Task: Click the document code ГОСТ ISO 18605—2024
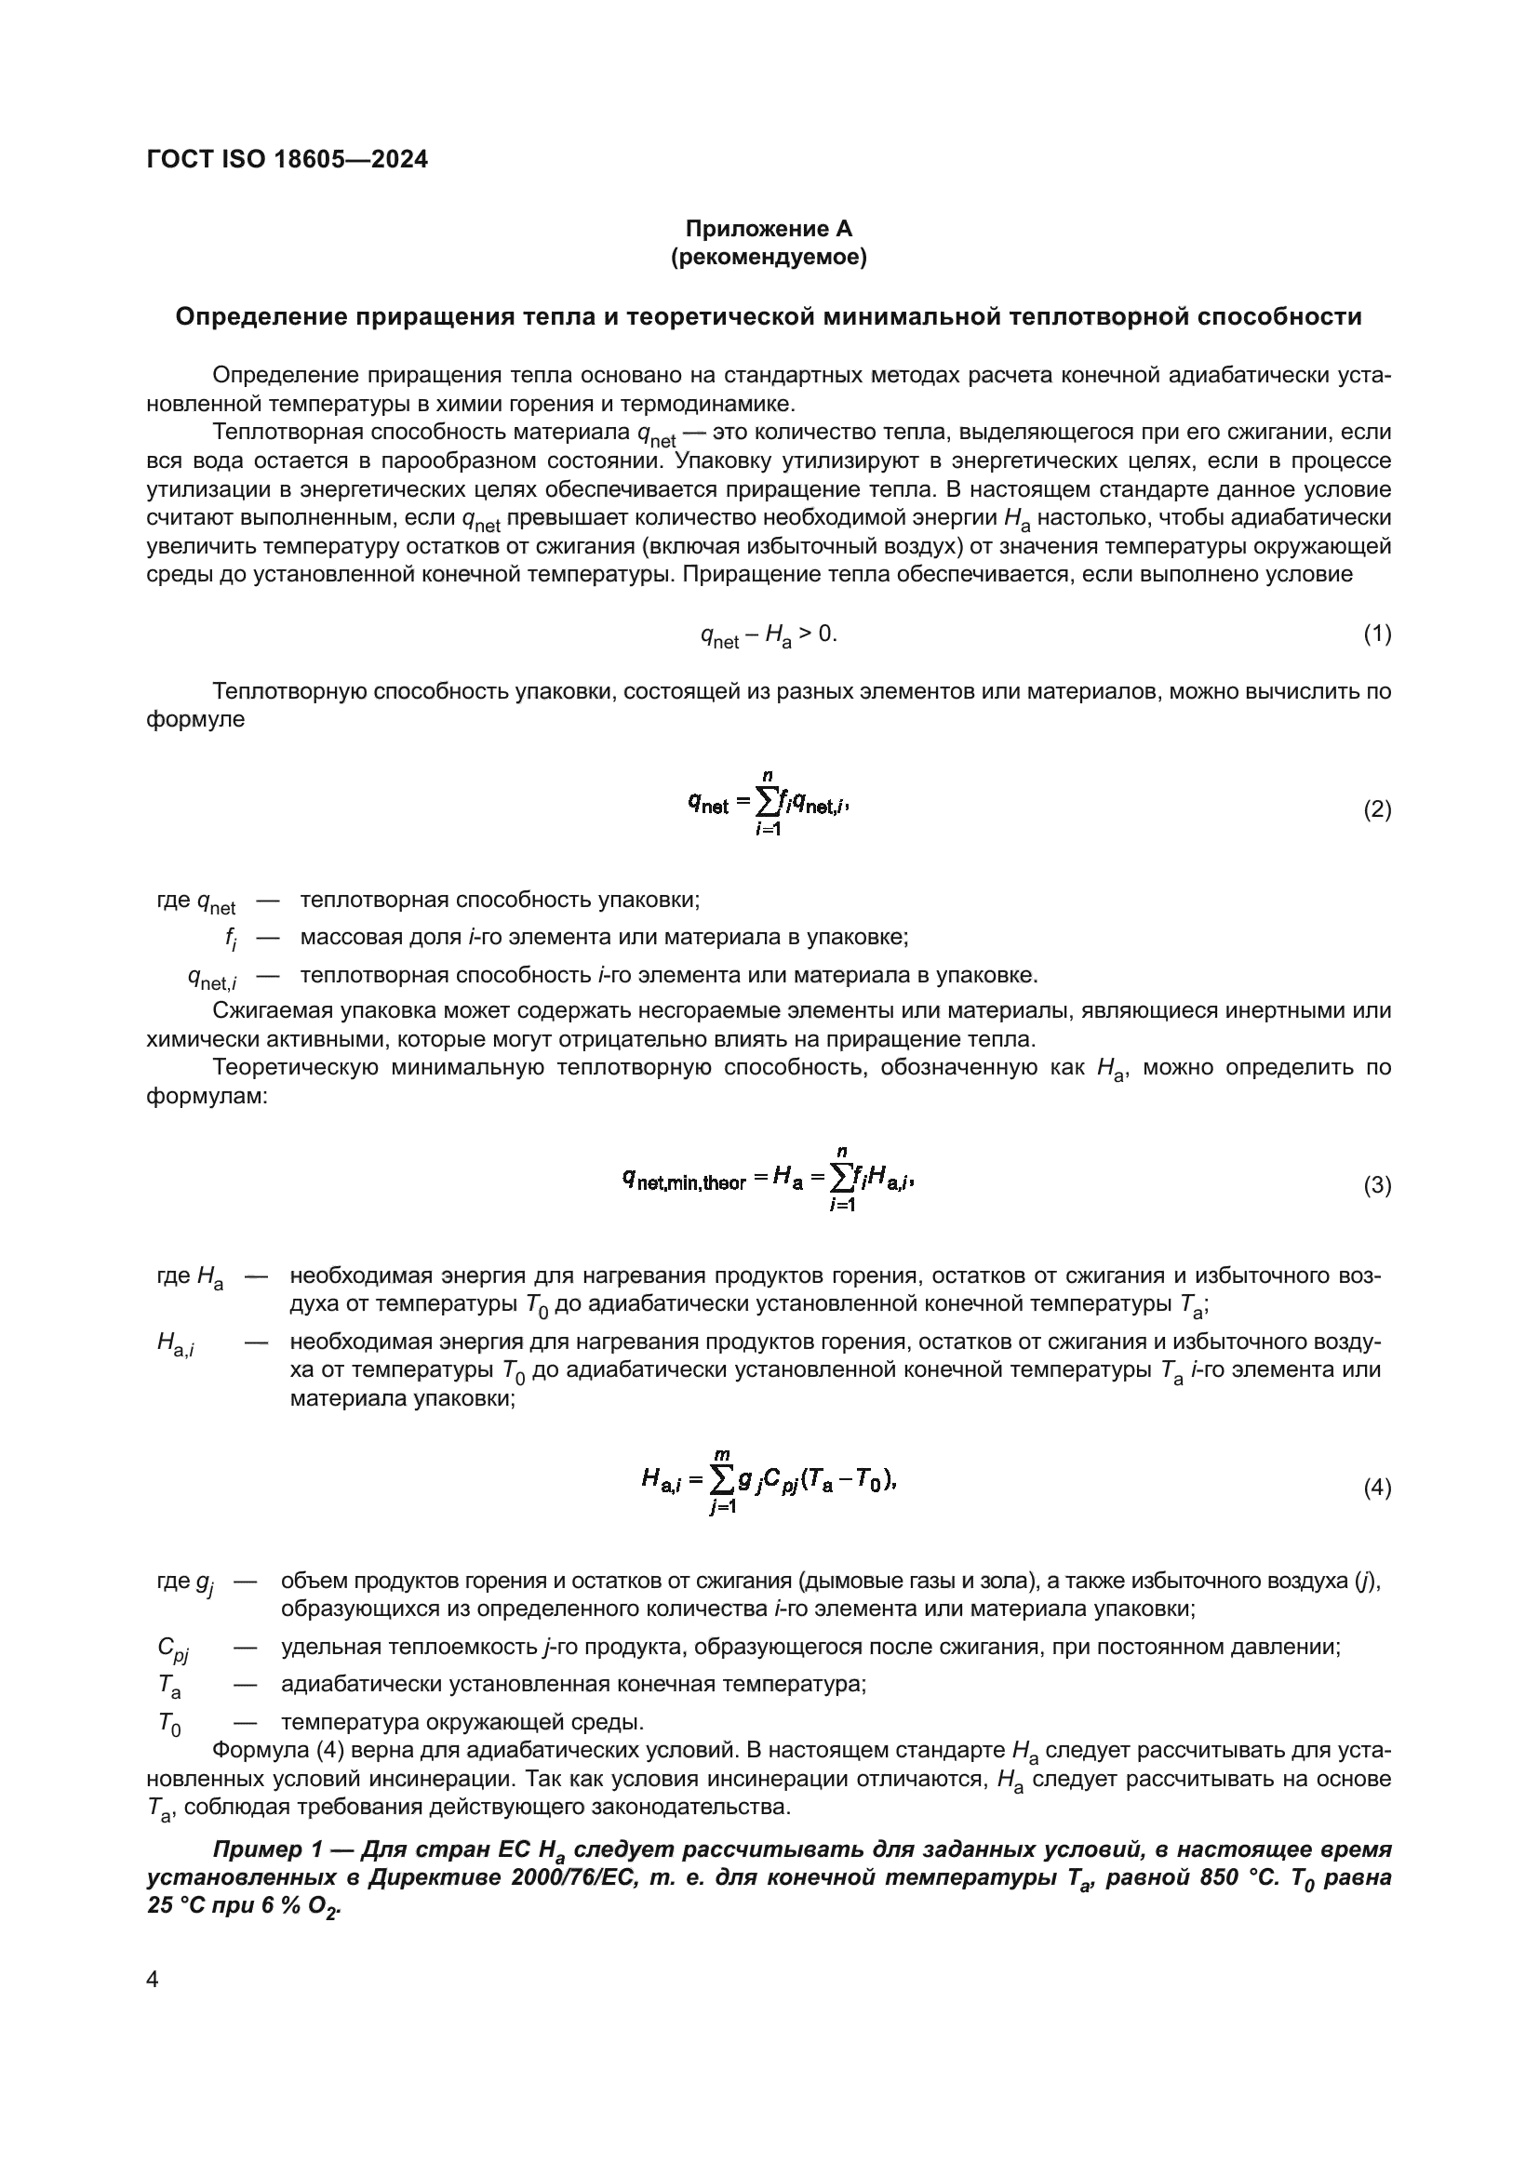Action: [288, 159]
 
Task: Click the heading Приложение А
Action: [769, 229]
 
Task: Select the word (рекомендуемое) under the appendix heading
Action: [769, 257]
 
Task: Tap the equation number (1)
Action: [1377, 634]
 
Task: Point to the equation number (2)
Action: [1377, 809]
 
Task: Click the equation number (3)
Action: [1377, 1185]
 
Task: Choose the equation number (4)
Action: [1377, 1488]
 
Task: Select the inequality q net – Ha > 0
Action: [769, 634]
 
